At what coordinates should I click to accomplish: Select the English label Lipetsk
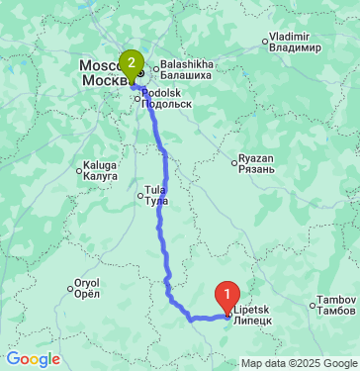point(252,310)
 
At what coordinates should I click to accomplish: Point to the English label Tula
point(155,188)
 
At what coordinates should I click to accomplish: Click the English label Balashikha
point(186,62)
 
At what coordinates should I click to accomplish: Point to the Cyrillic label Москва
point(102,79)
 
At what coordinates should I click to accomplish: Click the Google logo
point(33,359)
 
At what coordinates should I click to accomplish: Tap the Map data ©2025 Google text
point(300,363)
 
